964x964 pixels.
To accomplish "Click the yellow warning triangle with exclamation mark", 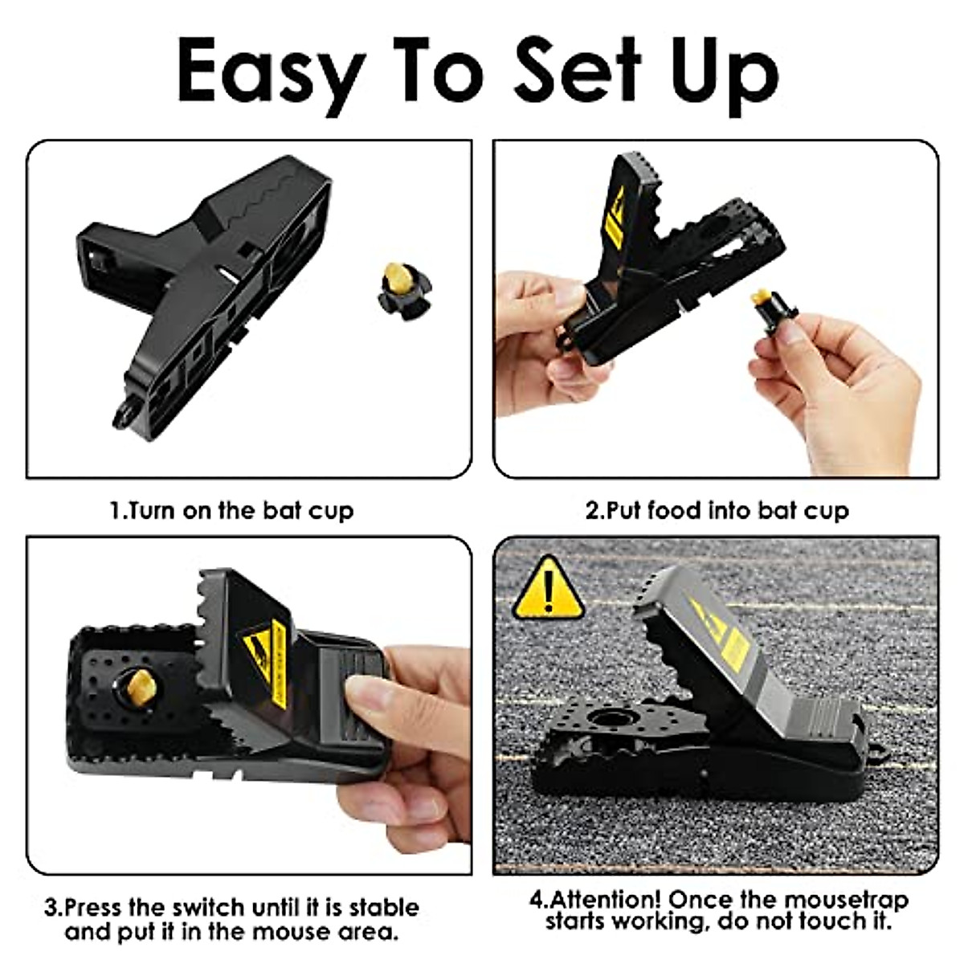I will click(548, 589).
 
